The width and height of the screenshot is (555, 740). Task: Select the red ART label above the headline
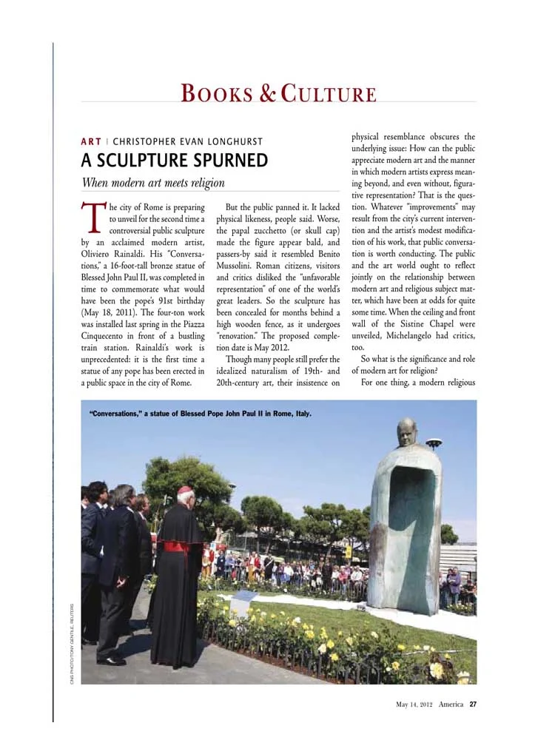[91, 141]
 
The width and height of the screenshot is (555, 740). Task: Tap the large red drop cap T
[93, 215]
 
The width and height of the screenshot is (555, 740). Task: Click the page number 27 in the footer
[472, 704]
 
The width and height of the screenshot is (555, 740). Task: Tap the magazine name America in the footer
[451, 704]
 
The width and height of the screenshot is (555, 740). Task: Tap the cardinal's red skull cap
[185, 490]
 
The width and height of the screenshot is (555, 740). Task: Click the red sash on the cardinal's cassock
[175, 547]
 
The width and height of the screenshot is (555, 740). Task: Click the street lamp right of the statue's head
[434, 443]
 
